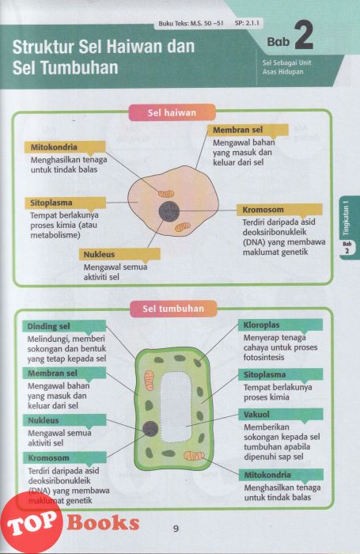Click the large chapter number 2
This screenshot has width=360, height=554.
[304, 36]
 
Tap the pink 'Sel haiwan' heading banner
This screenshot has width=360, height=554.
[172, 112]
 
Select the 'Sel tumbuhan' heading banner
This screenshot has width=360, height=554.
[173, 309]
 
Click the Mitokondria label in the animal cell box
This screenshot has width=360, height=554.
[65, 147]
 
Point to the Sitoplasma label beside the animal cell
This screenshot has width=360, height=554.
[66, 203]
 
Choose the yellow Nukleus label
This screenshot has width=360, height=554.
[119, 254]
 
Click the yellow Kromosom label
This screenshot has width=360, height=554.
[279, 210]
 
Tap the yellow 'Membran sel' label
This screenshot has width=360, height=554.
[248, 130]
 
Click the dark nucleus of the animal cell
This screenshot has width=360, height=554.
[169, 211]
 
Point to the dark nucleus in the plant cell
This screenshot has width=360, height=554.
[150, 429]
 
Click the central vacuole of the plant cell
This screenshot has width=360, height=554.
[176, 407]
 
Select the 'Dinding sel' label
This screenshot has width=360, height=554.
[64, 326]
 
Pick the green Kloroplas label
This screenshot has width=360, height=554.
[280, 324]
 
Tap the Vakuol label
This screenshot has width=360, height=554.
[281, 414]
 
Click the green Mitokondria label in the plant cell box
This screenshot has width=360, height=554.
[281, 475]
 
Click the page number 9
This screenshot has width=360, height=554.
[176, 529]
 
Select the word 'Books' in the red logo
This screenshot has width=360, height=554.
[103, 522]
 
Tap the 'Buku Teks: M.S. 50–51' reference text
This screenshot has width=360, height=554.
[191, 24]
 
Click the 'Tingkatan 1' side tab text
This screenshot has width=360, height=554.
[346, 218]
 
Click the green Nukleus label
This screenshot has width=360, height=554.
[64, 420]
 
